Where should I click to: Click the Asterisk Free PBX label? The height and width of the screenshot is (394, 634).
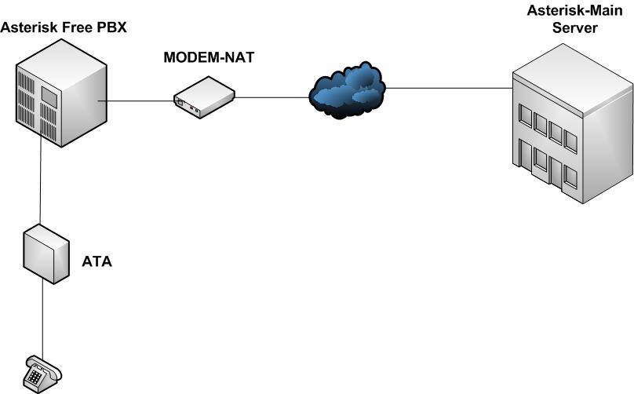point(64,28)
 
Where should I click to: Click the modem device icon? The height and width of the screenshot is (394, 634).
point(204,97)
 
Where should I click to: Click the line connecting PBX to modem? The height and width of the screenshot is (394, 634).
point(141,100)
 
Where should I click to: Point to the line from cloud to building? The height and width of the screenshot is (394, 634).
point(447,88)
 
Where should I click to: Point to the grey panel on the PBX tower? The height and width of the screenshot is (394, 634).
point(49,97)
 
